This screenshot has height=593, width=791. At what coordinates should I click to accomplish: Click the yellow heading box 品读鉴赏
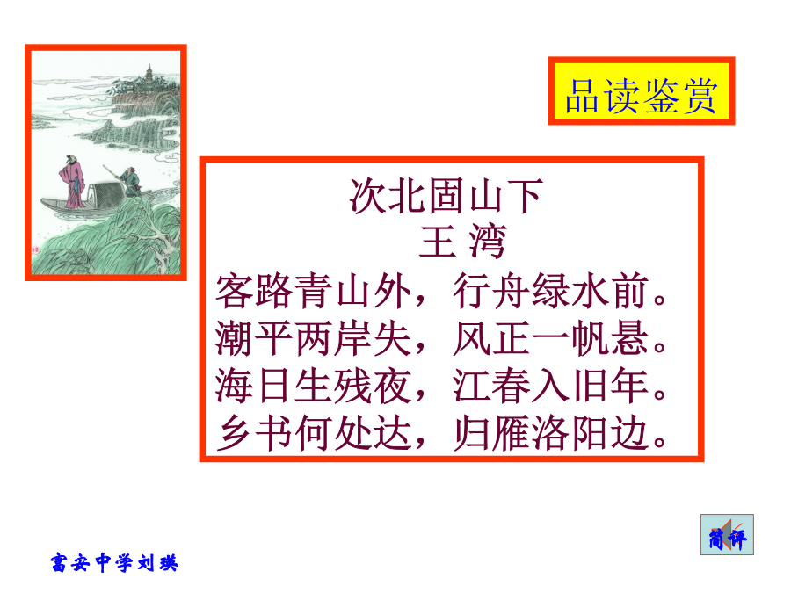click(x=642, y=90)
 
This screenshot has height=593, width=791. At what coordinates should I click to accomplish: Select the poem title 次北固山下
click(x=446, y=196)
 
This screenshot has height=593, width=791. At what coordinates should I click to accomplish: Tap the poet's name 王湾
click(x=462, y=242)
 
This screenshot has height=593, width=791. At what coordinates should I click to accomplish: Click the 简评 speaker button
click(x=727, y=535)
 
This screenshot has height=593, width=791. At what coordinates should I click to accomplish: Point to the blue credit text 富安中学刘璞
click(x=114, y=562)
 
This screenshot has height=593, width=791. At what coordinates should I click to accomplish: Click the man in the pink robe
click(x=73, y=182)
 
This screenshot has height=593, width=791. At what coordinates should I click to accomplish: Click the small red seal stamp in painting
click(x=36, y=249)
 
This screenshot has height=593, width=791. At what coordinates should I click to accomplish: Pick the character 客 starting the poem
click(x=235, y=291)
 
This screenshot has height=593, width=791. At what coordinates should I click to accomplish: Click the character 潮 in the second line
click(x=235, y=338)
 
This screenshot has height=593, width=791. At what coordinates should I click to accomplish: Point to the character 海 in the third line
click(x=235, y=386)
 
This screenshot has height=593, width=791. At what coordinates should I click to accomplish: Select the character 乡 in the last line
click(x=235, y=433)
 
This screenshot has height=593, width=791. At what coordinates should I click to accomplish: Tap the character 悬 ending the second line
click(x=628, y=338)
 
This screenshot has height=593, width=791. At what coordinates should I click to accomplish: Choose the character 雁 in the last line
click(x=511, y=433)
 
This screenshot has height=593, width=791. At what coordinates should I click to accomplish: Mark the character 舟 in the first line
click(x=511, y=291)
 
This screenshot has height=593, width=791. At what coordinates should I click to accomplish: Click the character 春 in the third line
click(x=511, y=386)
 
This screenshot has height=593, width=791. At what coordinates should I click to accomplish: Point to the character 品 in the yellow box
click(x=583, y=96)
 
